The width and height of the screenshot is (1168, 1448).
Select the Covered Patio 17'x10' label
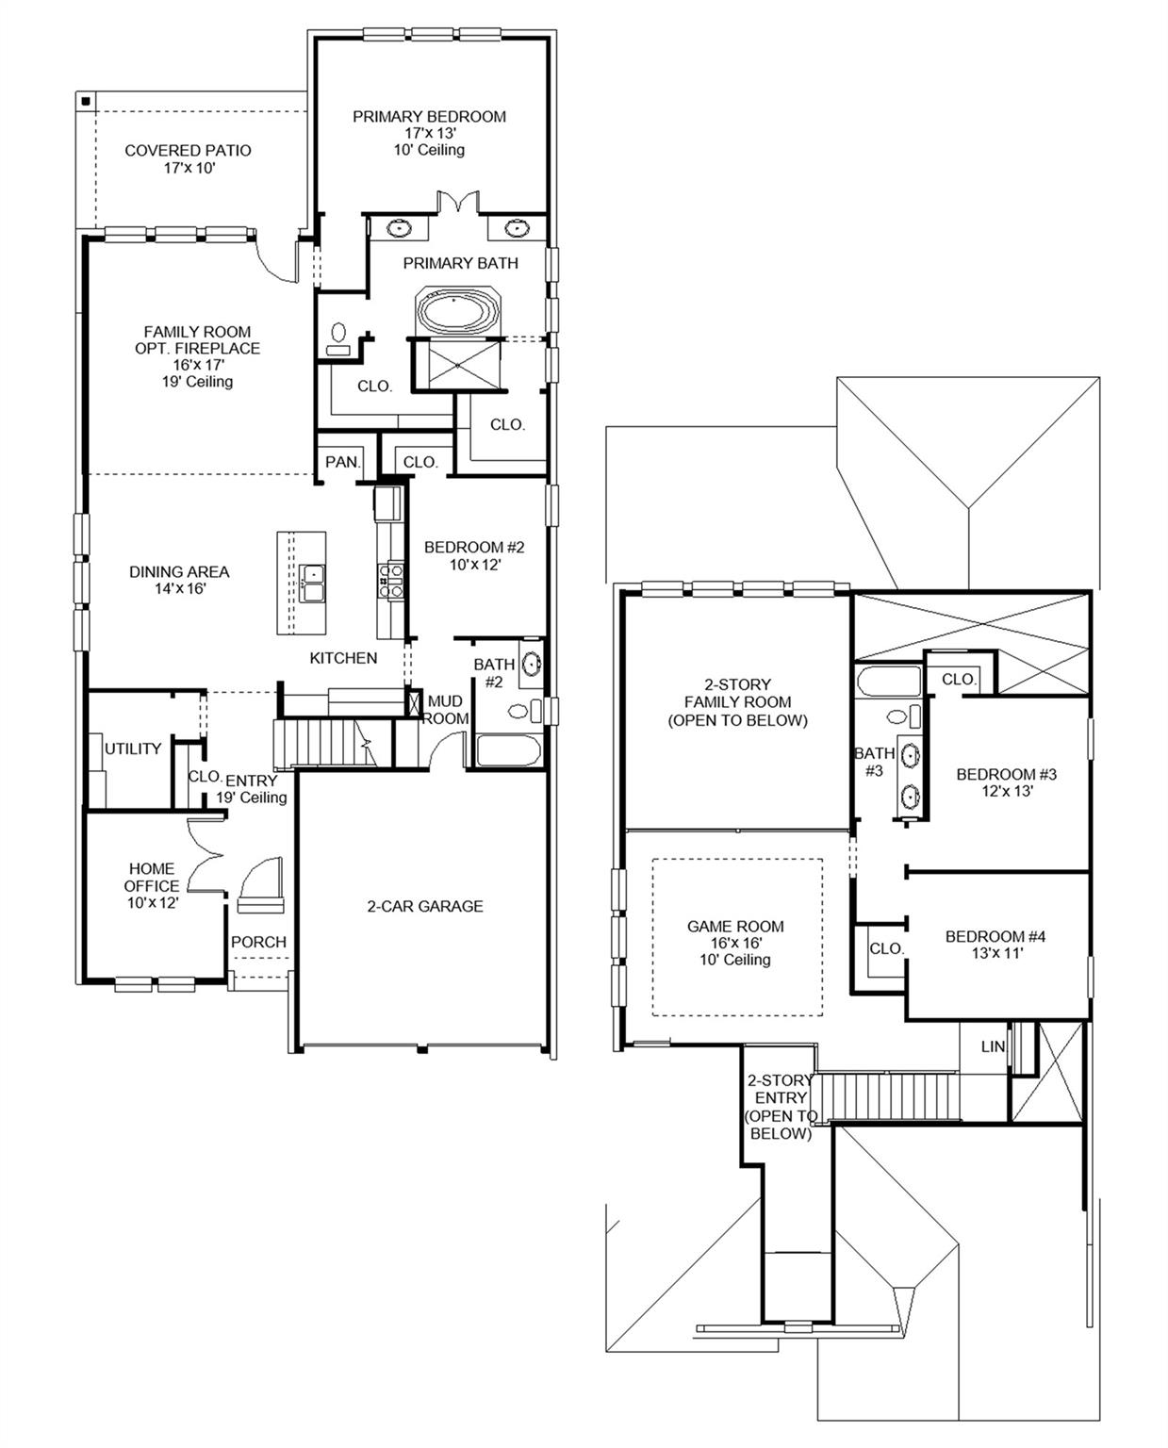coord(188,158)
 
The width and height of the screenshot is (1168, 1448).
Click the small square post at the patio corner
coord(85,101)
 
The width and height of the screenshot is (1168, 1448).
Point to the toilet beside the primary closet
coord(338,339)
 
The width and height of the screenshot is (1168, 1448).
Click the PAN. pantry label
coord(342,462)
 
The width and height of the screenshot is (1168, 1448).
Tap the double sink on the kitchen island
coord(310,583)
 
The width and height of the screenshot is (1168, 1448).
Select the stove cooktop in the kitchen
coord(389,580)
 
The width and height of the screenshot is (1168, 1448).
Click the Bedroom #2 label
coord(474,555)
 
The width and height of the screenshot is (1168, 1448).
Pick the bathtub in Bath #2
coord(508,751)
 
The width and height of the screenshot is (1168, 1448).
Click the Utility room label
coord(133,749)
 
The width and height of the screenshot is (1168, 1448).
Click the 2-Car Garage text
coord(424,906)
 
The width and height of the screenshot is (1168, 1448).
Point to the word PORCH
coord(258,942)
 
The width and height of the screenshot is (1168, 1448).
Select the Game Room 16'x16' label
coord(735,942)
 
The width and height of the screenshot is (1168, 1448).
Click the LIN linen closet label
coord(993,1046)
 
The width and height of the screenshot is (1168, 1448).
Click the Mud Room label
coord(445,710)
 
